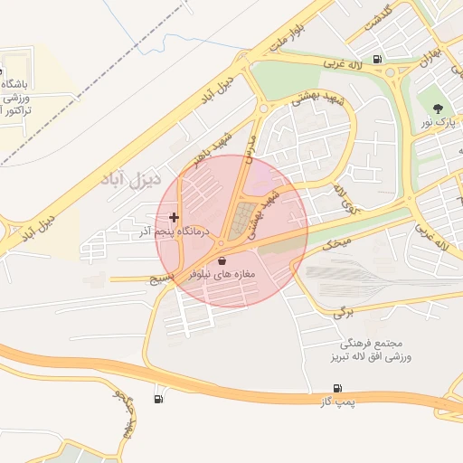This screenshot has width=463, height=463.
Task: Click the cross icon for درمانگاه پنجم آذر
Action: [175, 218]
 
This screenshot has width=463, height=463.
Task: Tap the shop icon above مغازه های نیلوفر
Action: [222, 260]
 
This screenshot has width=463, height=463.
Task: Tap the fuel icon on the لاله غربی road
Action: [376, 61]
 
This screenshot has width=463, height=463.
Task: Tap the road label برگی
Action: [340, 312]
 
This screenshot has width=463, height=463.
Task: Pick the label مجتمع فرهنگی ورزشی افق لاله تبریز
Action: [362, 352]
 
